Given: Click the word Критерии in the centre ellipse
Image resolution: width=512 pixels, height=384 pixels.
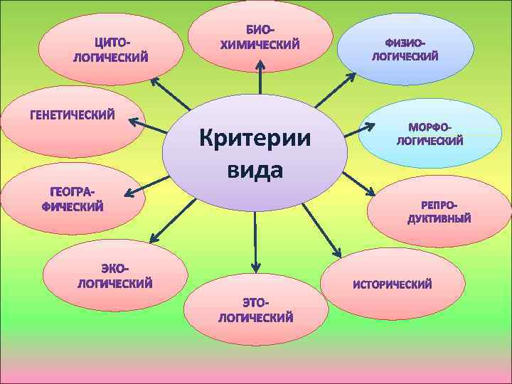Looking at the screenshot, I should [x=255, y=137].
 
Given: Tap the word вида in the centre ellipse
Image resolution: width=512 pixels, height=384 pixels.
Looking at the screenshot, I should [x=255, y=170].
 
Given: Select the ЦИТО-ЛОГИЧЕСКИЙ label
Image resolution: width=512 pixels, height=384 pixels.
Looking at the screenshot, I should [x=111, y=49].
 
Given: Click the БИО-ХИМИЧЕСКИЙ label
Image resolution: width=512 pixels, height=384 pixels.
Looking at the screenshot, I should [x=260, y=38].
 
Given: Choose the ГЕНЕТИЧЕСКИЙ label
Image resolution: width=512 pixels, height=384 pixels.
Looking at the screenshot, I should [x=72, y=114].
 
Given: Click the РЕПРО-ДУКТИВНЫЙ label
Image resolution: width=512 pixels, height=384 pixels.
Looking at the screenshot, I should [x=439, y=212].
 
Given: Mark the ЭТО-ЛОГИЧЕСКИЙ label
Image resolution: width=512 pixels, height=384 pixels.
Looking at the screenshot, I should [x=256, y=311].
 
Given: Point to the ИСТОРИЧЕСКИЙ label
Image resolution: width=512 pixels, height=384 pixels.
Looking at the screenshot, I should [x=393, y=284].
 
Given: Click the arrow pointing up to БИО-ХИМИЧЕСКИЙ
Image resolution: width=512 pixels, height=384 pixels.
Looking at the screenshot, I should [x=260, y=78].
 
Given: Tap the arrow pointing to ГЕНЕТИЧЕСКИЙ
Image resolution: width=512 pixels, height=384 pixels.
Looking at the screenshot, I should [x=149, y=127].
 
